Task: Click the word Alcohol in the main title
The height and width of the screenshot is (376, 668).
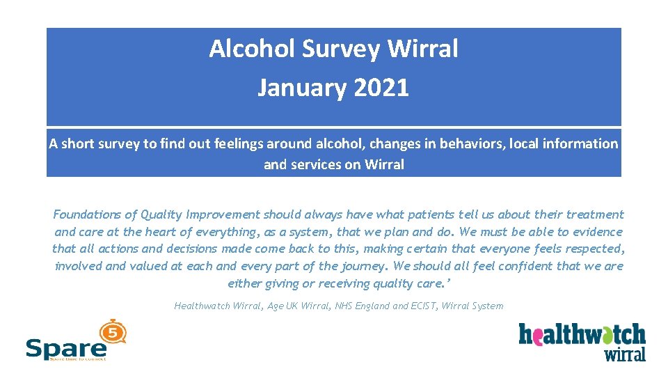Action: pos(244,49)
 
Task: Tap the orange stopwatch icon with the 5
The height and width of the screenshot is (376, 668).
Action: pos(113,332)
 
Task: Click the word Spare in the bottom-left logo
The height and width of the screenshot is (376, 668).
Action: pos(65,347)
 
